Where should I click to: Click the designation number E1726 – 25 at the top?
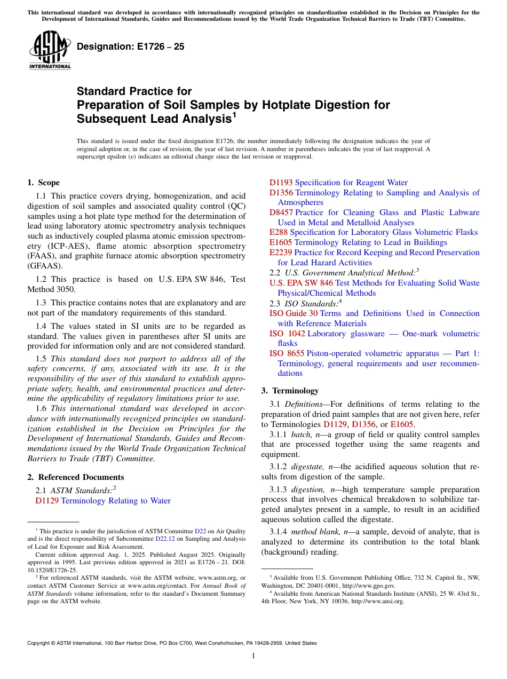[x=131, y=46]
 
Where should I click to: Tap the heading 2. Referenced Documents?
[x=75, y=477]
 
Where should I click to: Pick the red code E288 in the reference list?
[x=279, y=232]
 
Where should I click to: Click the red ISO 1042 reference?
[x=287, y=334]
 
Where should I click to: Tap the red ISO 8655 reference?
[x=287, y=353]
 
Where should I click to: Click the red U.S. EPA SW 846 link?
[x=301, y=283]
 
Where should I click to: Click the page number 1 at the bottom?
[x=253, y=656]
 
